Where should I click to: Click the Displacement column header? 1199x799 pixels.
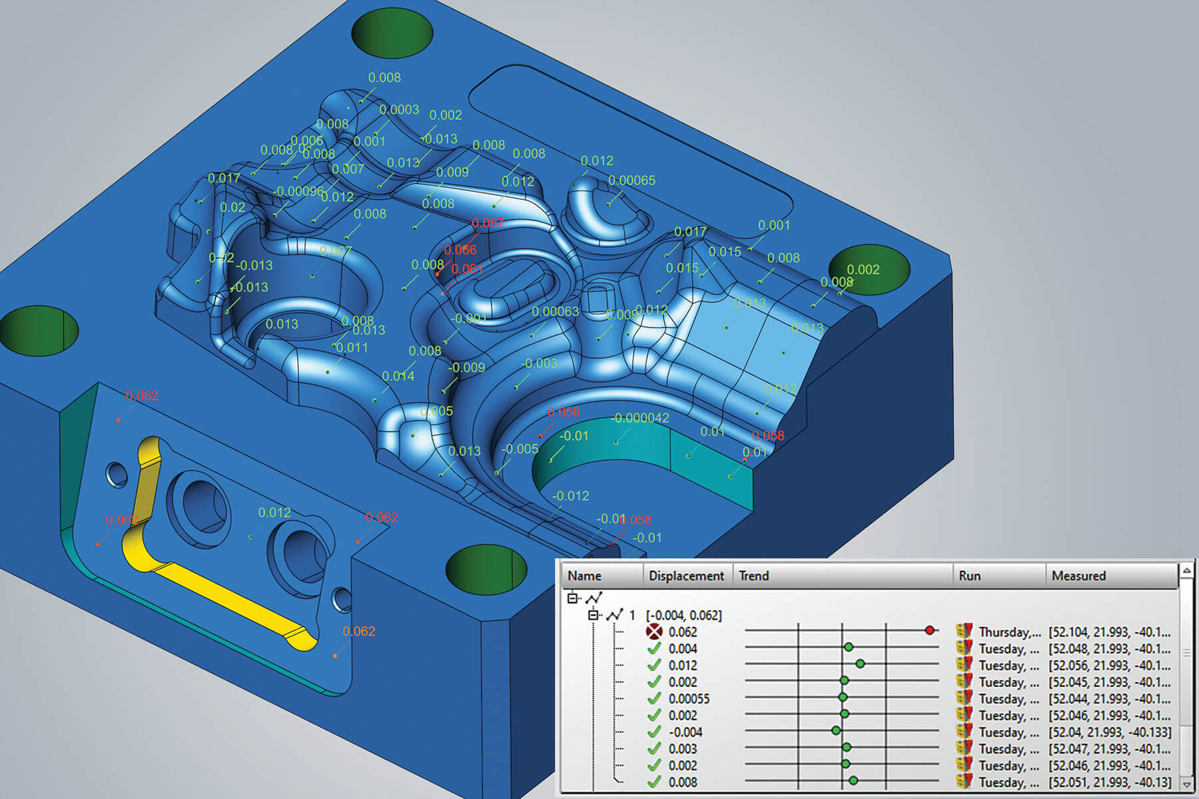686,576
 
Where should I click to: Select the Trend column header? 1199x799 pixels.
754,576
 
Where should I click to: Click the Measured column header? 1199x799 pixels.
1078,576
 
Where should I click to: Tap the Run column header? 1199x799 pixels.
969,576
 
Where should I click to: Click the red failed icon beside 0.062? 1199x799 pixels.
654,631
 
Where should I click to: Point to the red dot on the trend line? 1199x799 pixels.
930,630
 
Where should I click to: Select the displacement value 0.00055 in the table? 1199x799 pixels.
689,698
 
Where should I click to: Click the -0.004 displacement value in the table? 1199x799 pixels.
685,732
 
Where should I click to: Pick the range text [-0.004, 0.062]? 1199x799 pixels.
683,615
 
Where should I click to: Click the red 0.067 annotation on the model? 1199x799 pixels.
488,223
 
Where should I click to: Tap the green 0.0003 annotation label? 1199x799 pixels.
399,109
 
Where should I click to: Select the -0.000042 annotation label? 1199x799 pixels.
640,418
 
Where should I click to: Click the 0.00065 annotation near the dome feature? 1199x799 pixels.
631,180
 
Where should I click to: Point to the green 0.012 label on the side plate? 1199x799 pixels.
274,513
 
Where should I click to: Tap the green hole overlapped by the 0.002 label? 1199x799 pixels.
869,270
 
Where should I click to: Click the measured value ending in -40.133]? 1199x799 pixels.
1109,732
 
